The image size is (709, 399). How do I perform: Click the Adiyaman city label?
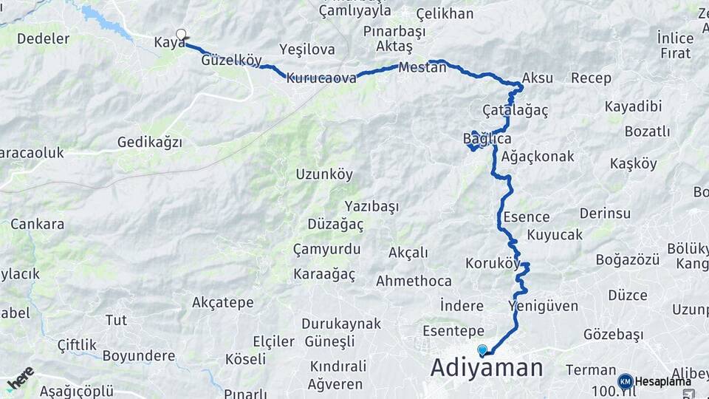point(487,367)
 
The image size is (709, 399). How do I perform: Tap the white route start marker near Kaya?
point(181,34)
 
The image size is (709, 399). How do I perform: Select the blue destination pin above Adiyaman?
point(482,350)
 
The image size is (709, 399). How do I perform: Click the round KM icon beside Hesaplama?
point(625,381)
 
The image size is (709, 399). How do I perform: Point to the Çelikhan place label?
point(444,14)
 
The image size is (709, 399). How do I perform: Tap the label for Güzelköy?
point(230,61)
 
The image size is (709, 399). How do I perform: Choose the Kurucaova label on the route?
point(321,78)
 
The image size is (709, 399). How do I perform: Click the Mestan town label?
point(422,67)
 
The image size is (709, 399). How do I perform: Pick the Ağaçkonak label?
point(537,157)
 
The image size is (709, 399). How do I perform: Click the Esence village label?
point(526,217)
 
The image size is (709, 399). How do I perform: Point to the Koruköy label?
point(493,263)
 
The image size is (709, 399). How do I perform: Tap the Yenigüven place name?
point(538,305)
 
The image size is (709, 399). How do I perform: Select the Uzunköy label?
point(324,175)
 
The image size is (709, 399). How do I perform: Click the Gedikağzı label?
point(149,143)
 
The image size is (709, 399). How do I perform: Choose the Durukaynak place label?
point(341,324)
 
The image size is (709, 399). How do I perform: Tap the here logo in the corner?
point(20,378)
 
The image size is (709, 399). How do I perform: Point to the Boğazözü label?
point(626,259)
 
